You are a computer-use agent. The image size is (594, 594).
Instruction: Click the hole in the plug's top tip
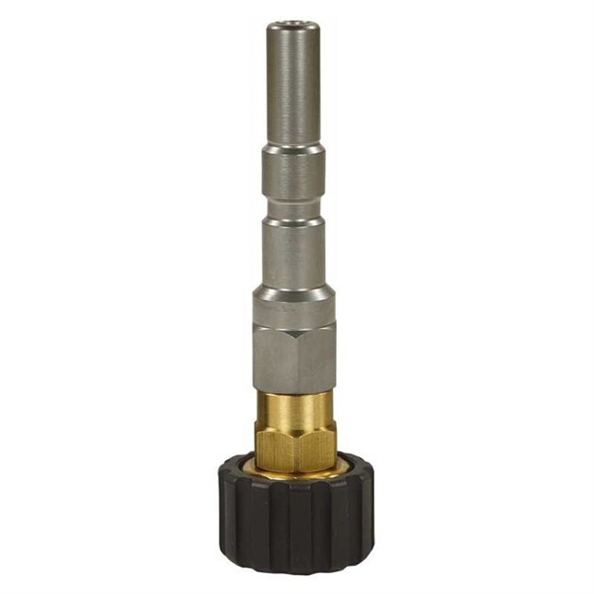coord(293,25)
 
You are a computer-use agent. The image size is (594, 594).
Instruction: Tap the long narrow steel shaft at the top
coord(293,85)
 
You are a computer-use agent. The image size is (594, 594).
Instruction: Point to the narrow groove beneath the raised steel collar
coord(293,208)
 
